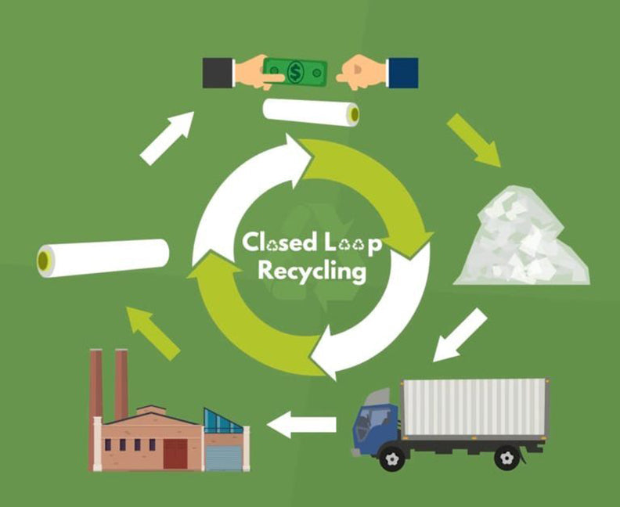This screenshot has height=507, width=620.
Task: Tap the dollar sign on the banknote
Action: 295,71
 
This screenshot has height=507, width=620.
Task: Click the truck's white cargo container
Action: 474,408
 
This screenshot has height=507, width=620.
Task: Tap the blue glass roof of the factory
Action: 223,421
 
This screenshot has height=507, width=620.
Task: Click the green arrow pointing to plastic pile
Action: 474,141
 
